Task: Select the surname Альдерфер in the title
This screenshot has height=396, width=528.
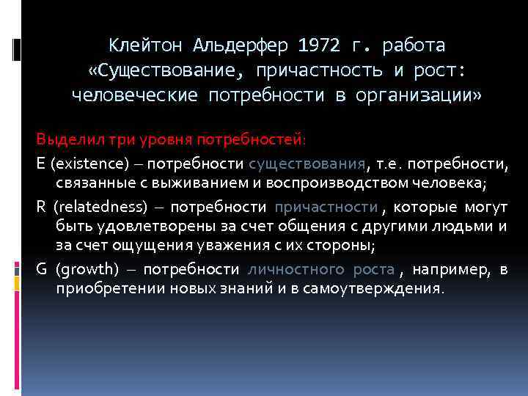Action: pos(241,45)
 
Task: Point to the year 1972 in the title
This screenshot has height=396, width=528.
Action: pos(320,45)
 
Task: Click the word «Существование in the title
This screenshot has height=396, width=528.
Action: pos(169,70)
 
